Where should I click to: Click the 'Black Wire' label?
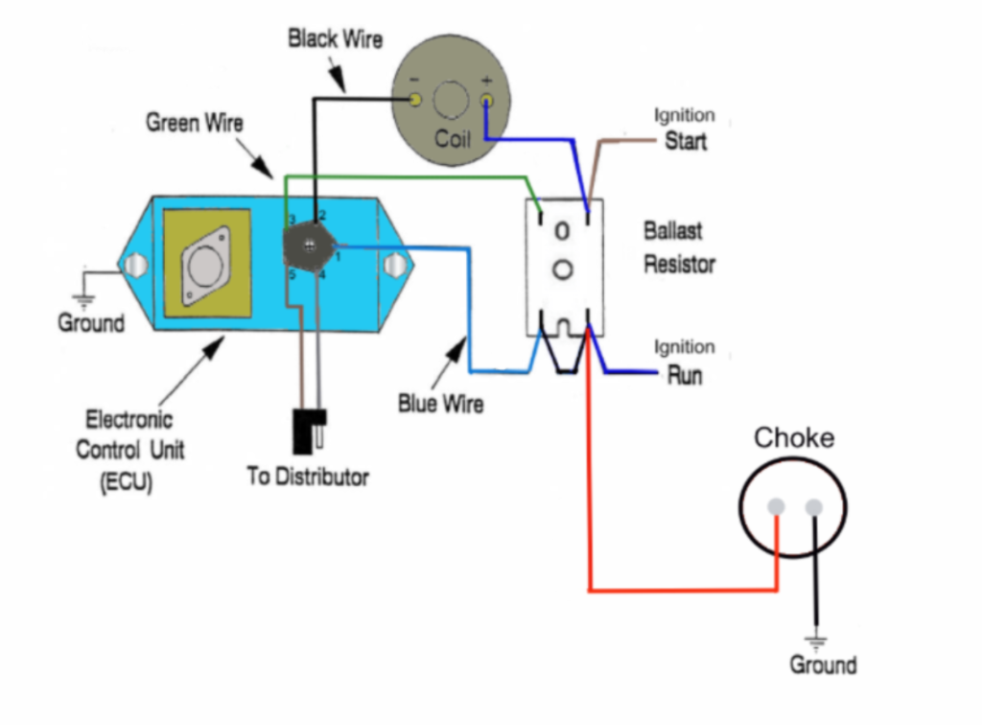(335, 39)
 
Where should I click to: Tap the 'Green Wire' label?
(194, 123)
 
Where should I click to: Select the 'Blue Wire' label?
(440, 404)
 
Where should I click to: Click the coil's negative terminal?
(415, 101)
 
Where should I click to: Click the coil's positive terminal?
(486, 100)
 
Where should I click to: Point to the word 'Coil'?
(453, 139)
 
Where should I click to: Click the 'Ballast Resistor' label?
(679, 247)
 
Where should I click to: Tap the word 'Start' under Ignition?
(686, 141)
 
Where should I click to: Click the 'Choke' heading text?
(793, 438)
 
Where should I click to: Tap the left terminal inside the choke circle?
(777, 507)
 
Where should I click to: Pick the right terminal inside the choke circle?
(814, 507)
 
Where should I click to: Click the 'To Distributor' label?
(307, 477)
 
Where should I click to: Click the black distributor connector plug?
(310, 431)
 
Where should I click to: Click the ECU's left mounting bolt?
(136, 263)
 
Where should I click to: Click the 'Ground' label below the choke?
(823, 665)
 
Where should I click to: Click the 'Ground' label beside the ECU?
(91, 323)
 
